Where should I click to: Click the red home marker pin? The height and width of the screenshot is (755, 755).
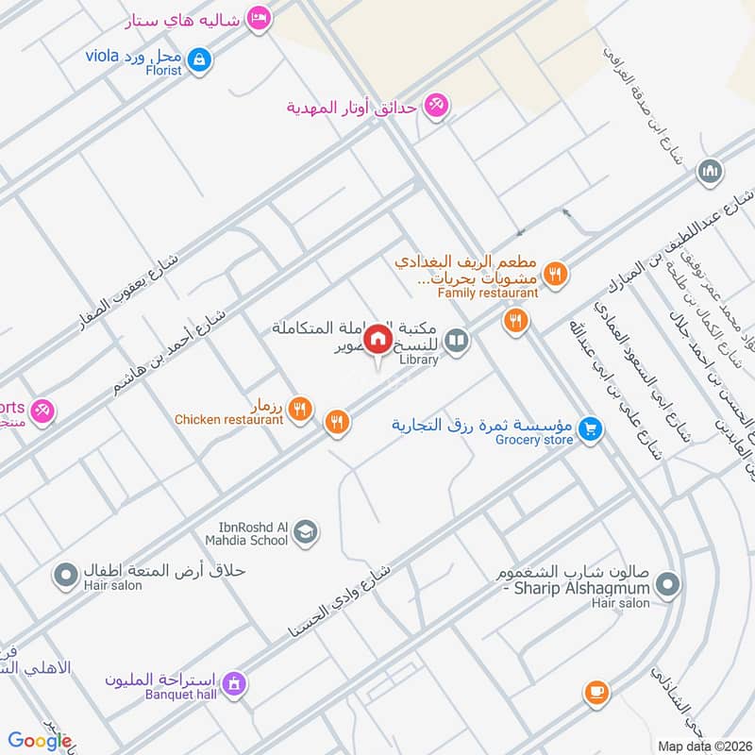[378, 340]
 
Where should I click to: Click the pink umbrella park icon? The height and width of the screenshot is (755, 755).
[435, 106]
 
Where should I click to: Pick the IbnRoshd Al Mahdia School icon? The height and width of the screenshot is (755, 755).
[305, 534]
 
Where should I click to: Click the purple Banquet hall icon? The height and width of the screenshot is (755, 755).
[235, 682]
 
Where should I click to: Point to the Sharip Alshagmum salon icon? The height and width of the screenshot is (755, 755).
[666, 584]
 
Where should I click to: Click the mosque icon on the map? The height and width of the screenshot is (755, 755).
[709, 173]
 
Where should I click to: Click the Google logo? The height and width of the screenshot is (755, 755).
[40, 741]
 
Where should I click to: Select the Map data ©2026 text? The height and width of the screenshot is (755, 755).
[703, 746]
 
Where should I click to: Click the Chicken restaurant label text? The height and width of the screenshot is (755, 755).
[228, 419]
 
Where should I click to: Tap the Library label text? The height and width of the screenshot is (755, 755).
[419, 360]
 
